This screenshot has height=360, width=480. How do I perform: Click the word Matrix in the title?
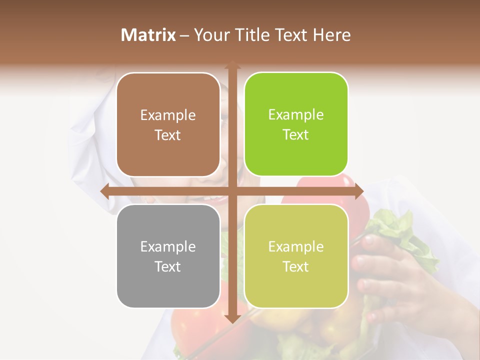[x=148, y=35]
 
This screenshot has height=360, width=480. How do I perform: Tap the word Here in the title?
[x=331, y=35]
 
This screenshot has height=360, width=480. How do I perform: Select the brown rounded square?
[x=168, y=125]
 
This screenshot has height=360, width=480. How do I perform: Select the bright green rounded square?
[x=296, y=124]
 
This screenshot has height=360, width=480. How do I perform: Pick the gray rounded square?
[x=168, y=256]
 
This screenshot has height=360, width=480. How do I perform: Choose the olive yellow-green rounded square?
[x=296, y=256]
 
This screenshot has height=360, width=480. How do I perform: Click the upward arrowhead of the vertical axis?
[x=232, y=65]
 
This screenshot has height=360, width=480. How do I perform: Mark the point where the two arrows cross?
[x=232, y=191]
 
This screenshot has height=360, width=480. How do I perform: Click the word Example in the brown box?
[x=168, y=115]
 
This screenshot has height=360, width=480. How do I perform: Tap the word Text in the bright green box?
[x=295, y=135]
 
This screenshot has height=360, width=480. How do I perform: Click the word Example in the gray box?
[x=168, y=246]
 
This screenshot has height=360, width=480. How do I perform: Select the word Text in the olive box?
[x=295, y=266]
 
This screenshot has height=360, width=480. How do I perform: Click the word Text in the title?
[x=290, y=35]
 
